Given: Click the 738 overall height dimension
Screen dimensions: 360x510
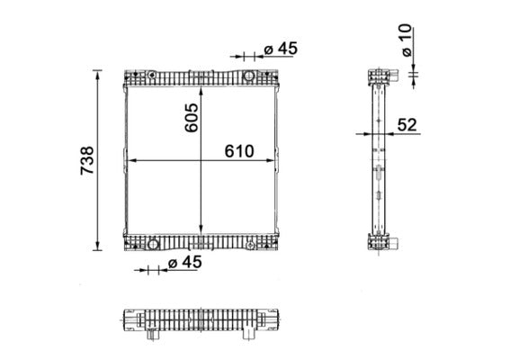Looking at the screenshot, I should [x=87, y=159].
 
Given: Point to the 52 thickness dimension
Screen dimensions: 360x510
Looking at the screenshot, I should [x=407, y=125].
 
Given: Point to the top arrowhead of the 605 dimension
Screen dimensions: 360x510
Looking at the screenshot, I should [x=201, y=91].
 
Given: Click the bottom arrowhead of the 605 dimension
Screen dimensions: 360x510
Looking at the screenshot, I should [x=201, y=230].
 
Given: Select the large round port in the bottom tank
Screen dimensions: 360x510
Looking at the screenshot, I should [x=153, y=244].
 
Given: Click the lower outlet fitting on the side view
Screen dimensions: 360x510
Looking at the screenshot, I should [x=394, y=242].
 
